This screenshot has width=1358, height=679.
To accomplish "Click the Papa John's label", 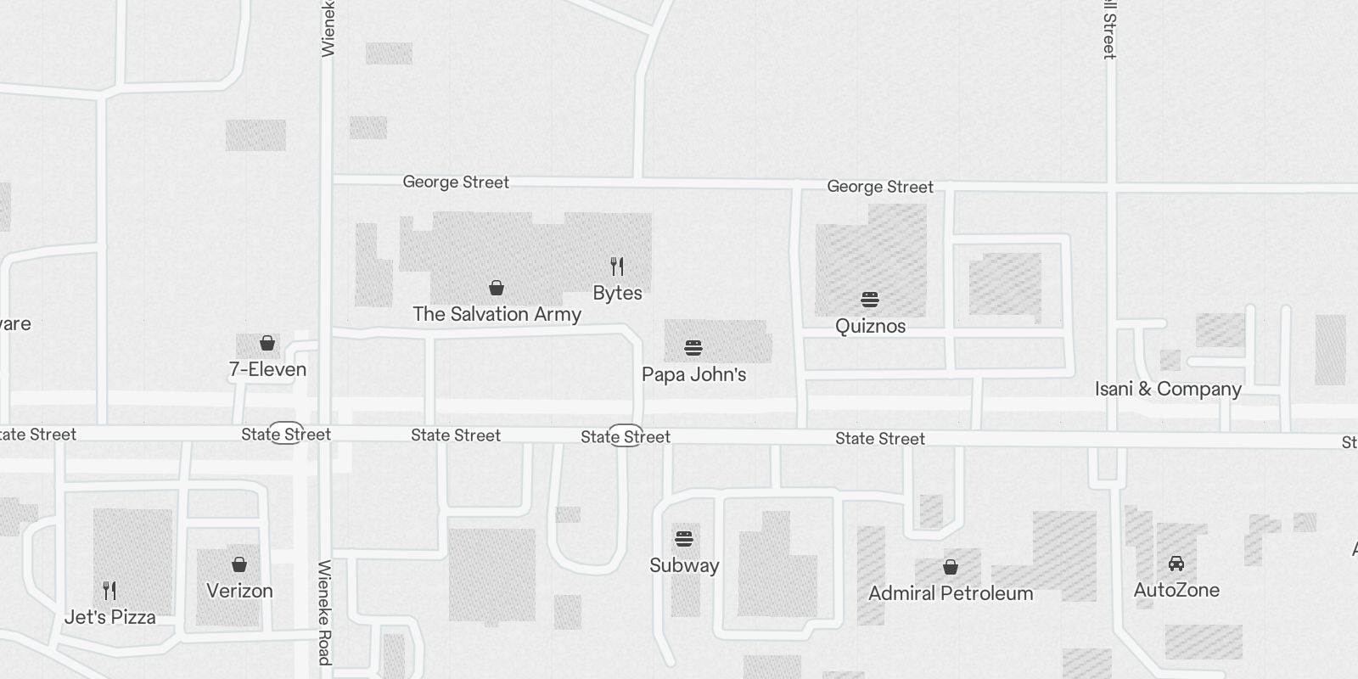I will (693, 374).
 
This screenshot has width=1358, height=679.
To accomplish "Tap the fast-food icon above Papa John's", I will (693, 348).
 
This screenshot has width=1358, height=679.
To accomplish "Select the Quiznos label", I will (870, 326).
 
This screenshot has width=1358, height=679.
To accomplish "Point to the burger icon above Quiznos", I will (870, 300).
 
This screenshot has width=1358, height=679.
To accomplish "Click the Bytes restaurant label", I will (617, 293).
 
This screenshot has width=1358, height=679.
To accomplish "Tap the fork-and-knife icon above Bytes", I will (617, 267).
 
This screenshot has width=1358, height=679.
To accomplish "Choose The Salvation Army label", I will (497, 314).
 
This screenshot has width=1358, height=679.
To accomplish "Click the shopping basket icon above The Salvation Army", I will (497, 289).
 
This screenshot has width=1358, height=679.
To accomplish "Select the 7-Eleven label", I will (267, 369).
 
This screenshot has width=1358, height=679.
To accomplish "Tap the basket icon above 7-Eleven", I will (267, 343).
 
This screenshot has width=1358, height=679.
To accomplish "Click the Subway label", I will (684, 565).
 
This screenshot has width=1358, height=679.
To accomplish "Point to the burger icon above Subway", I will (684, 539).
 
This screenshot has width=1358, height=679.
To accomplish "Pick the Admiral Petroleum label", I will (951, 593).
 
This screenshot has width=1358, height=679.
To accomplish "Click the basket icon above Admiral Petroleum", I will (951, 566).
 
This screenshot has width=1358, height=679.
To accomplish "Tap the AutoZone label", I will (1176, 590).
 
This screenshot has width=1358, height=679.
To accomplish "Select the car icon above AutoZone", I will (1176, 564).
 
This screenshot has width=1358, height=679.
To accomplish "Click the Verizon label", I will (239, 591).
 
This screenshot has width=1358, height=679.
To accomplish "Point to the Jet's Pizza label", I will (110, 617).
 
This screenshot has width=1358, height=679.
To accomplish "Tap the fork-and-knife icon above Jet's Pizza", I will (109, 590).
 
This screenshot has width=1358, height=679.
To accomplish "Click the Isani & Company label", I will (1168, 389).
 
